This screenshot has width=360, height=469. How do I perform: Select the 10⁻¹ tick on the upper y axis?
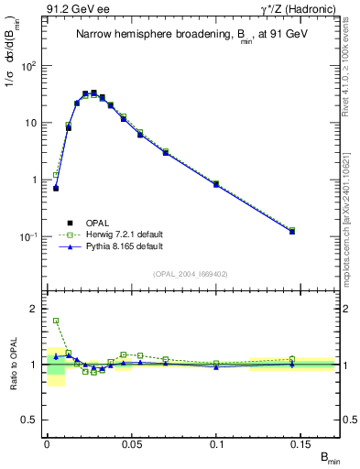(x=27, y=236)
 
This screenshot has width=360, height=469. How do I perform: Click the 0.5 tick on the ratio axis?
(x=29, y=420)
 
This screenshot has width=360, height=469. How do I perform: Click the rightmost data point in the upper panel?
(x=292, y=231)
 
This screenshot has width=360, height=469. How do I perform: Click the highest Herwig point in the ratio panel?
(x=56, y=321)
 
